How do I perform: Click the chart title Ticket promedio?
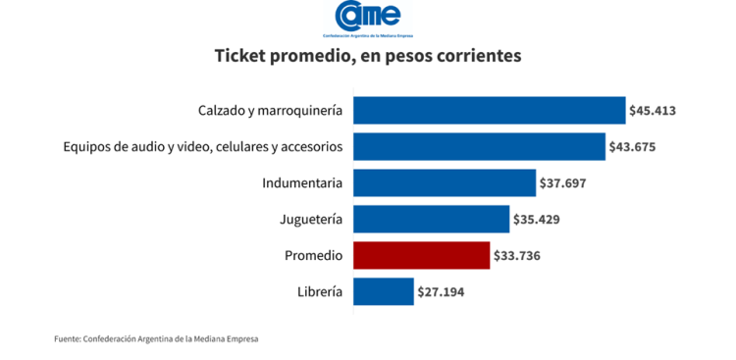[x=368, y=56]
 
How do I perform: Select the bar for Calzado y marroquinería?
[x=489, y=110]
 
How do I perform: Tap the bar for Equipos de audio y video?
[x=479, y=146]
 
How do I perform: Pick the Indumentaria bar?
[x=444, y=182]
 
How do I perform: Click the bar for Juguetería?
[x=431, y=219]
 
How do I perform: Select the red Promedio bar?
[x=421, y=255]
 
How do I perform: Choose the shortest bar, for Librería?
[x=383, y=291]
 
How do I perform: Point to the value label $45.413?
[x=654, y=110]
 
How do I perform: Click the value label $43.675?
[x=633, y=146]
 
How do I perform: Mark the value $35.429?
[x=537, y=219]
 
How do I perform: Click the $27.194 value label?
[x=442, y=291]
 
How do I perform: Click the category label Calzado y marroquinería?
[x=270, y=110]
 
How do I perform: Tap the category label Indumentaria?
[x=302, y=182]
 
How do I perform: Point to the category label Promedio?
[x=313, y=255]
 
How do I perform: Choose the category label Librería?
[x=319, y=291]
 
